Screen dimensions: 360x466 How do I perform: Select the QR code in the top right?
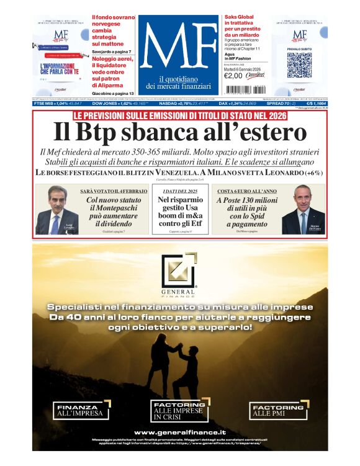point(299,65)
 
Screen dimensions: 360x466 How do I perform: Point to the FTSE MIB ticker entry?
point(58,104)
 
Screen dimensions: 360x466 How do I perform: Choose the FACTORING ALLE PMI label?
point(276,410)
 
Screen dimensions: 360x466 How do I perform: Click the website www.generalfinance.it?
point(179,432)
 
